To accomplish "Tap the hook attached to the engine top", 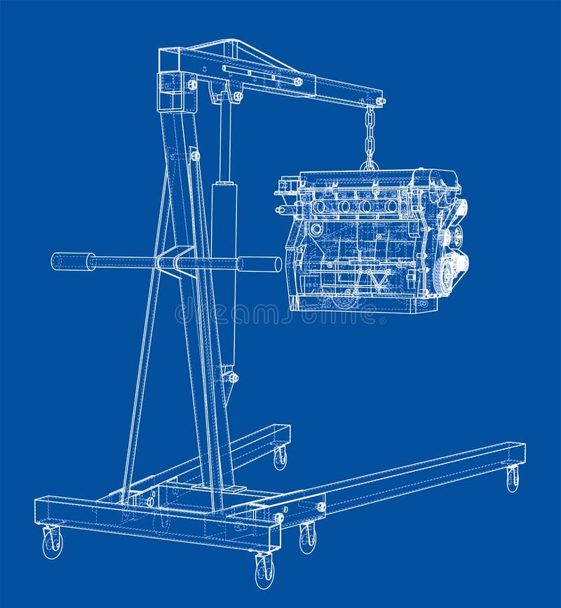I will click(370, 166).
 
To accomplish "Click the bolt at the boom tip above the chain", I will click(380, 102).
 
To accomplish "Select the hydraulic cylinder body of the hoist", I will click(224, 274).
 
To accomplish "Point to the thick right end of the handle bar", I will click(260, 264).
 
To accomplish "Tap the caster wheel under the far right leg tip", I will click(513, 479).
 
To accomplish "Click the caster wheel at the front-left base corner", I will click(53, 543).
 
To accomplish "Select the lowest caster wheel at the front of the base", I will click(264, 570).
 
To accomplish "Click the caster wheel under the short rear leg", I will click(280, 458).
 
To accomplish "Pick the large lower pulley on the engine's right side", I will click(444, 275).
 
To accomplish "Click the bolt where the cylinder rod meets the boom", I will click(237, 96).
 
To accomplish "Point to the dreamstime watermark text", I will click(280, 314).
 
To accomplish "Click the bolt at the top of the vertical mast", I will click(191, 85).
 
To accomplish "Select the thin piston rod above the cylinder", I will click(225, 140).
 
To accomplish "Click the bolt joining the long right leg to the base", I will click(321, 506).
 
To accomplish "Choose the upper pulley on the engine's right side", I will click(459, 209).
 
